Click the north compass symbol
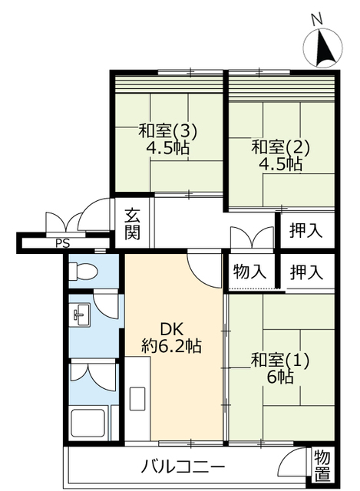point(323,48)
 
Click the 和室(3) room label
point(167,132)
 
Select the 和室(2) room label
point(280,147)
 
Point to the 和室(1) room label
point(280,360)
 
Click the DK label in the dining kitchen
point(171,329)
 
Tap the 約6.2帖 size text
point(171,346)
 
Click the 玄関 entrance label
point(133,223)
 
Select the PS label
point(63,243)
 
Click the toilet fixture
point(83,271)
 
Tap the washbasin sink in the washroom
point(80,315)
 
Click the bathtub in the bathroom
point(88,423)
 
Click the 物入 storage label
point(249,271)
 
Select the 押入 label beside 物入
point(306,272)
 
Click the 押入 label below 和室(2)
point(306,231)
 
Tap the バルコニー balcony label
point(183,468)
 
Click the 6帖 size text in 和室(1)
point(280,377)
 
